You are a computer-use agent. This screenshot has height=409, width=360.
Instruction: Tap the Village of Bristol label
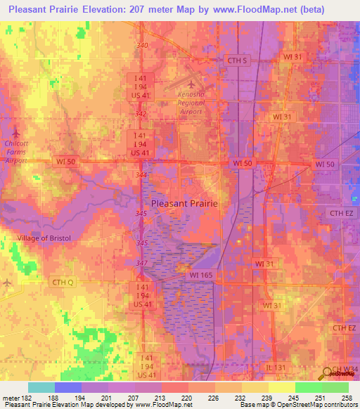44,238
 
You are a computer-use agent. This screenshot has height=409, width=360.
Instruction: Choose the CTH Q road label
62,282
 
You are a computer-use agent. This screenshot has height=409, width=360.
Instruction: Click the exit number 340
143,46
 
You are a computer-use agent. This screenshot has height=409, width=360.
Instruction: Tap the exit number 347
143,262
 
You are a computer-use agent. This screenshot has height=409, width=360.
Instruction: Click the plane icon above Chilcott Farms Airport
17,133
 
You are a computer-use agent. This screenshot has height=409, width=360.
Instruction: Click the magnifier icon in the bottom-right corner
328,375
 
